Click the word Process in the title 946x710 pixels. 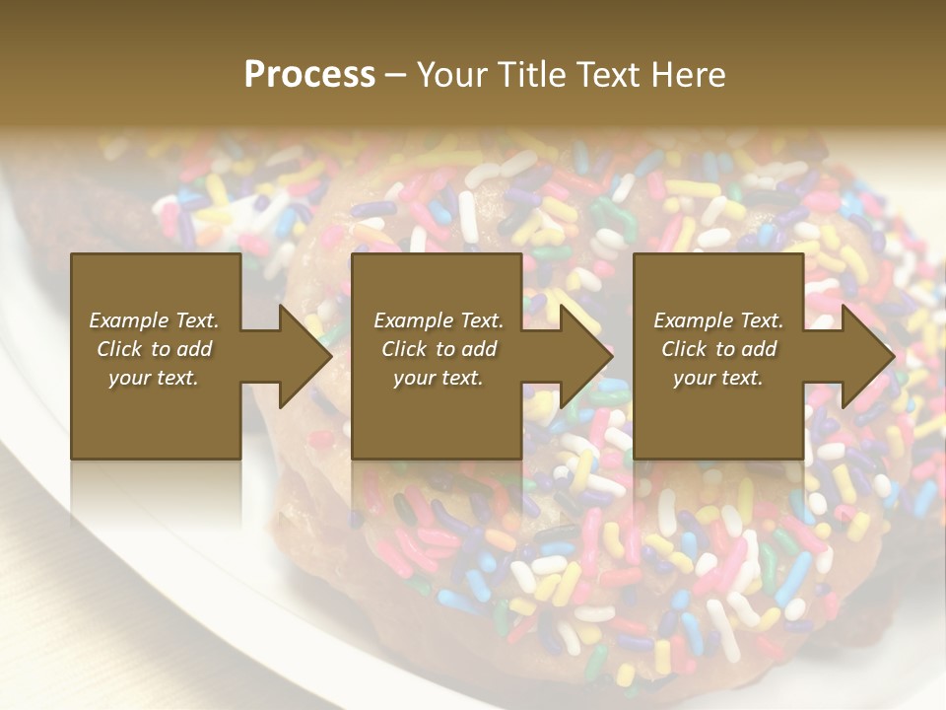point(309,75)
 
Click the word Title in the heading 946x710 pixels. point(528,75)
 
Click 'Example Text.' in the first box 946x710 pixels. point(154,320)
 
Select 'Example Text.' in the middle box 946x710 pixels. point(438,320)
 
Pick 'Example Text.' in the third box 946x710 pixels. point(718,320)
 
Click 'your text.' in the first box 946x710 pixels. point(154,378)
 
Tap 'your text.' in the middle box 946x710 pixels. point(438,378)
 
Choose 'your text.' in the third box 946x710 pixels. point(718,378)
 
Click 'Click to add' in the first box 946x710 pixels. point(154,349)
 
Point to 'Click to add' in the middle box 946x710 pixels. point(438,349)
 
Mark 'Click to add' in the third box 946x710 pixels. point(718,349)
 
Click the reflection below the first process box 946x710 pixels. point(156,493)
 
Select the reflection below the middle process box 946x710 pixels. point(437,493)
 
